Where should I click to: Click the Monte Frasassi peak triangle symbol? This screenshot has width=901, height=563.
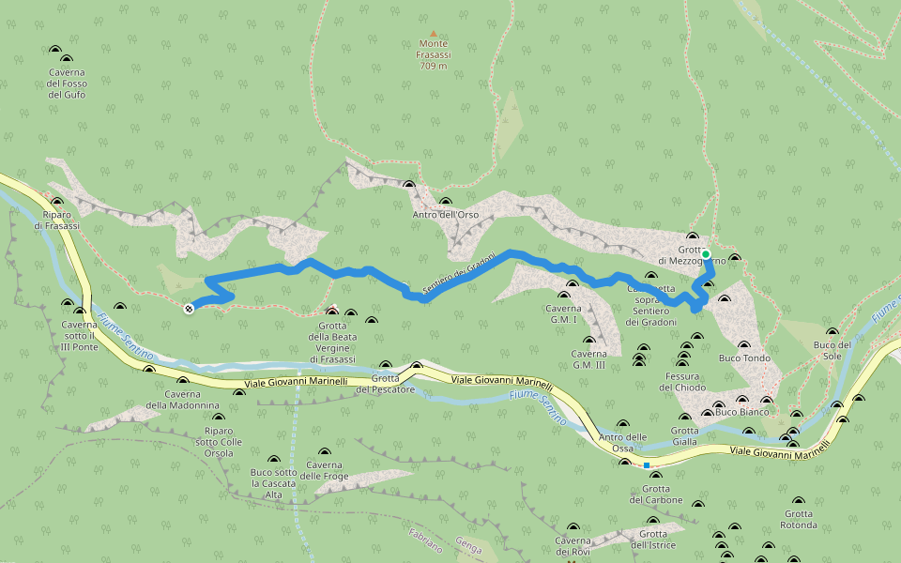(433, 33)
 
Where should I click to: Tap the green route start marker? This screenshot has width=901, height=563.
(706, 254)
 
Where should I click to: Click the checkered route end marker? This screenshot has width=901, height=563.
(190, 308)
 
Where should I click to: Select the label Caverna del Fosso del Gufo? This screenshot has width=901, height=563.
(67, 84)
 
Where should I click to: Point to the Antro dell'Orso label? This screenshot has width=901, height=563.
(446, 215)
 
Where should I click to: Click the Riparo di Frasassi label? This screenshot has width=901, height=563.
(56, 221)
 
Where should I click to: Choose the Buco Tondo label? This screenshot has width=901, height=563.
(744, 358)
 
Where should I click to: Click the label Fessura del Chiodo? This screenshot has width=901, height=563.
(682, 382)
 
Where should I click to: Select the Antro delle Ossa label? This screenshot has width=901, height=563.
(623, 442)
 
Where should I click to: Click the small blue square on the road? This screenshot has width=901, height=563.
(647, 464)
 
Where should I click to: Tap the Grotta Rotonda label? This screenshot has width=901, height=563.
(799, 519)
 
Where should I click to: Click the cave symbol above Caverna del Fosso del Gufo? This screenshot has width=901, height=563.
(54, 50)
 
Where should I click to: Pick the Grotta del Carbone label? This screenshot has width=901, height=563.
(656, 495)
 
